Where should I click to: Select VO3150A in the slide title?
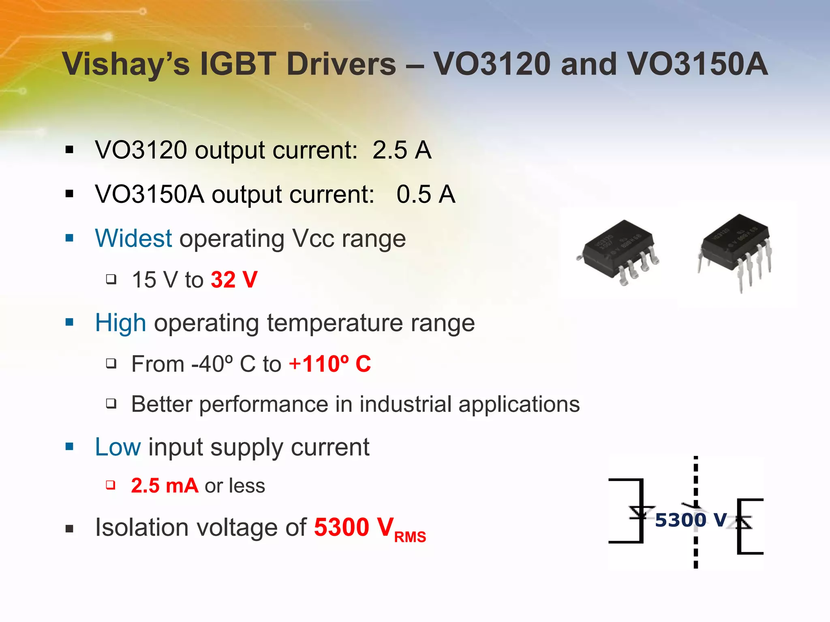697,64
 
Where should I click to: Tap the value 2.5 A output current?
402,150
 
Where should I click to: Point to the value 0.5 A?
426,194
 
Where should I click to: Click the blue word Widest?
133,238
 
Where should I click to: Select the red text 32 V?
234,280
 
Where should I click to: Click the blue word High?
120,323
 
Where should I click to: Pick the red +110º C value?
330,364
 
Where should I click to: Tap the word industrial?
405,404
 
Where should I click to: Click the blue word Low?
118,447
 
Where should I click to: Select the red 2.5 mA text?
165,486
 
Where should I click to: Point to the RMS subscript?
410,537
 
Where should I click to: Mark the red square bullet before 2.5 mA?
111,485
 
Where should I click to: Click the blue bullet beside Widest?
70,238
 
